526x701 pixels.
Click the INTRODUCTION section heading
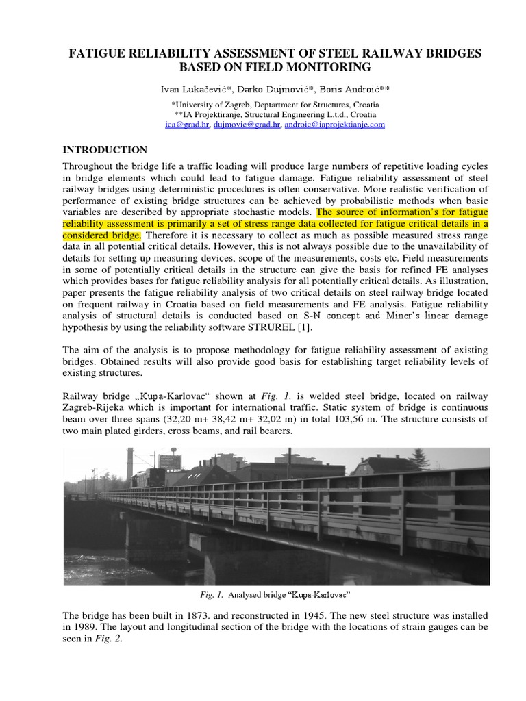105,150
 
